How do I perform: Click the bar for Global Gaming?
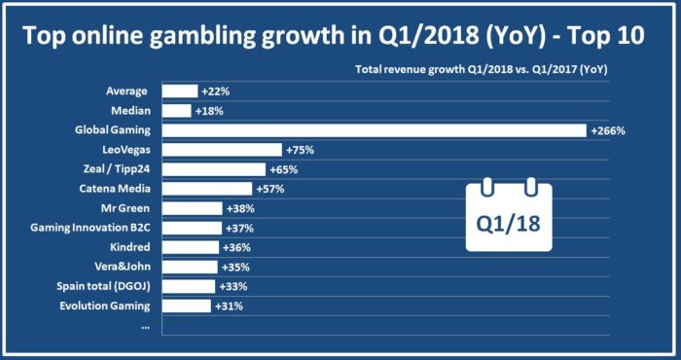[x=374, y=129]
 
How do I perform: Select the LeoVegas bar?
[x=221, y=150]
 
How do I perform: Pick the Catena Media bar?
[x=206, y=189]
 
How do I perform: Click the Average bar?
[x=179, y=90]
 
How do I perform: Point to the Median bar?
[x=176, y=110]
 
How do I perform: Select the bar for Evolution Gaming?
[x=186, y=306]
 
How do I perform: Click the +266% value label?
[x=608, y=130]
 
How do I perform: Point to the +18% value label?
[x=210, y=110]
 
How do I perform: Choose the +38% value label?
[x=241, y=208]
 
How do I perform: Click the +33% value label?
[x=234, y=286]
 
